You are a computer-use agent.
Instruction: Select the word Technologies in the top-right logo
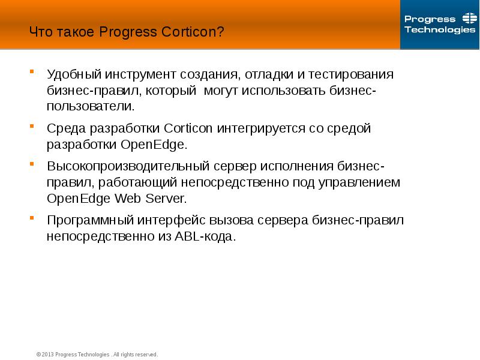tap(440, 30)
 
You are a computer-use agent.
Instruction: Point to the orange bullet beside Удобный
tap(32, 72)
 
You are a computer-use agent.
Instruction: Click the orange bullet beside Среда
tap(32, 126)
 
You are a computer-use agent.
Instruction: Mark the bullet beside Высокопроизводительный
tap(32, 163)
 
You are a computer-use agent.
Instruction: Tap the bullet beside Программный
tap(32, 217)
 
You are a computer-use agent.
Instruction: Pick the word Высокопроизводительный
tap(127, 166)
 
